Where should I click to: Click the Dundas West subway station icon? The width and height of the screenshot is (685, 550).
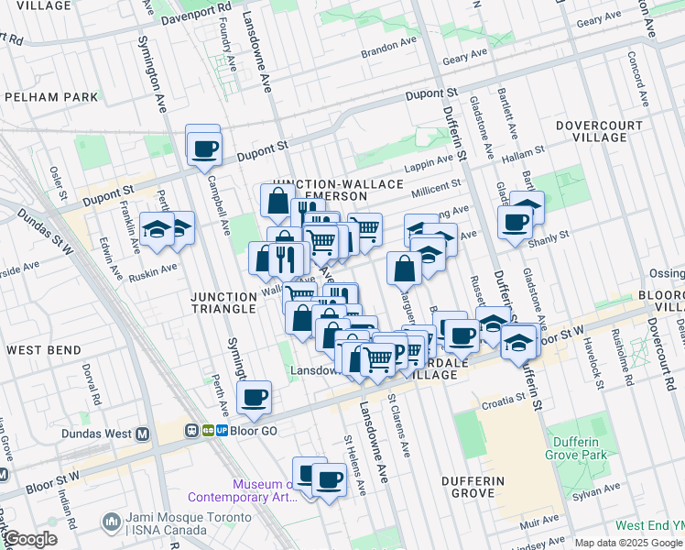142,434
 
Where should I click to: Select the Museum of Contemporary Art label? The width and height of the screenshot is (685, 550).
242,491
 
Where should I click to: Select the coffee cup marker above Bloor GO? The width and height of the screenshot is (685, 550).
254,397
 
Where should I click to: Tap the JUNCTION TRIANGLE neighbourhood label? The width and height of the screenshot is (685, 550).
223,302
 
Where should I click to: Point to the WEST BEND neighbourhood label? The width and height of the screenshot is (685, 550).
45,350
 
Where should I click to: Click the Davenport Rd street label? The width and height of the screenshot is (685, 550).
196,14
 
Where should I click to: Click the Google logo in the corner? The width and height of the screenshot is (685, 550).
30,539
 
